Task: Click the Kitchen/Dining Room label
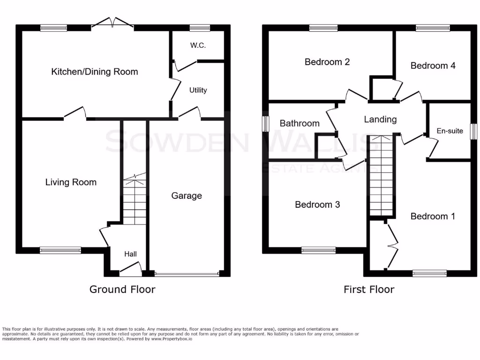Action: click(x=94, y=72)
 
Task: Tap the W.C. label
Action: click(x=198, y=45)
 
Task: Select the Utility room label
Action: click(x=198, y=90)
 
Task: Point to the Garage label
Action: click(x=186, y=195)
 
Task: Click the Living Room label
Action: click(x=71, y=182)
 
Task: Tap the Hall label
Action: click(x=130, y=254)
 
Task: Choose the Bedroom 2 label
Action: click(x=327, y=62)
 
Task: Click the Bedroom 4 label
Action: click(x=433, y=66)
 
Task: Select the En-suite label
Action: click(x=449, y=131)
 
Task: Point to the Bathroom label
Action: click(x=300, y=123)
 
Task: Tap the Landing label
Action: click(x=380, y=120)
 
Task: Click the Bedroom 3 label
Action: click(x=317, y=205)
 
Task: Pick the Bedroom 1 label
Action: click(x=433, y=216)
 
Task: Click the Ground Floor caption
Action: click(x=122, y=289)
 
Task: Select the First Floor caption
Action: click(x=369, y=289)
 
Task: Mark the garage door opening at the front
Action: click(x=187, y=273)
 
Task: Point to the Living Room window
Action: click(x=60, y=250)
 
